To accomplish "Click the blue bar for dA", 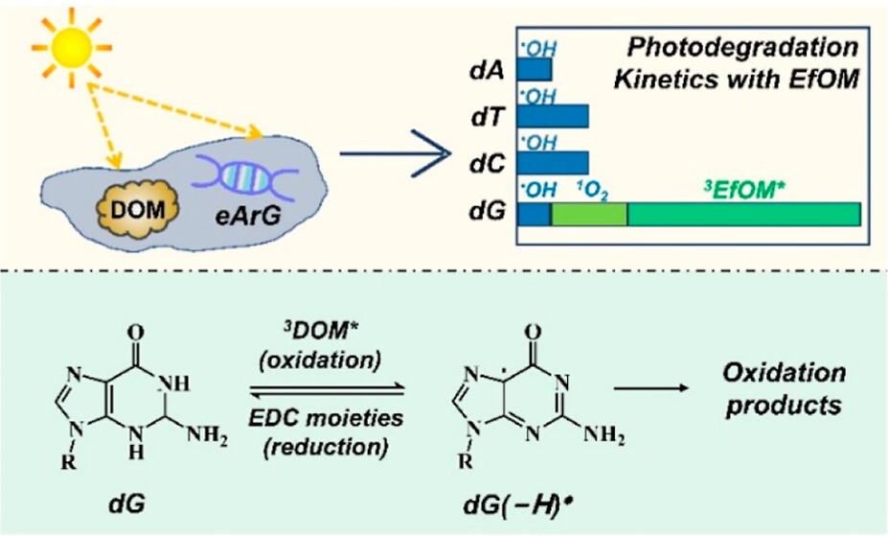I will [x=534, y=70].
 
